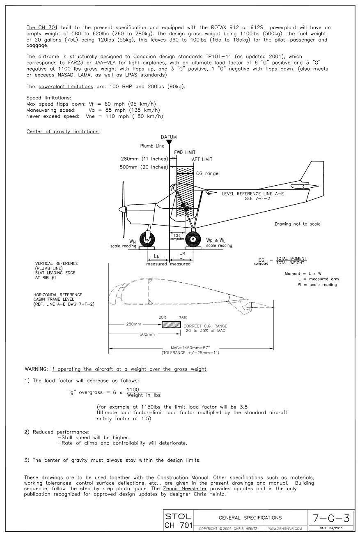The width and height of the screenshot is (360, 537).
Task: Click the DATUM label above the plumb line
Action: tap(169, 136)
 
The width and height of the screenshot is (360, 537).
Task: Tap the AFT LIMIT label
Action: tap(202, 159)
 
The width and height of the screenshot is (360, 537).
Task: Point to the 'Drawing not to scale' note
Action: tap(297, 224)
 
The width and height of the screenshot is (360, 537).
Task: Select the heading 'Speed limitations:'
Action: tap(48, 98)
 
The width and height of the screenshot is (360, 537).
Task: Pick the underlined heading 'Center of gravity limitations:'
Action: tap(63, 131)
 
